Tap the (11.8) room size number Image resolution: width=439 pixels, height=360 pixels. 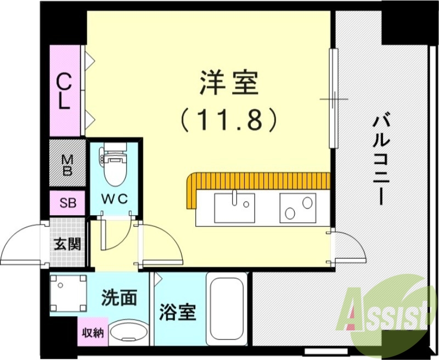(228, 119)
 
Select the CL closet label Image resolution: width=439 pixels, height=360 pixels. (65, 92)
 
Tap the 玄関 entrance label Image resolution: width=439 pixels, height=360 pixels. (67, 243)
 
